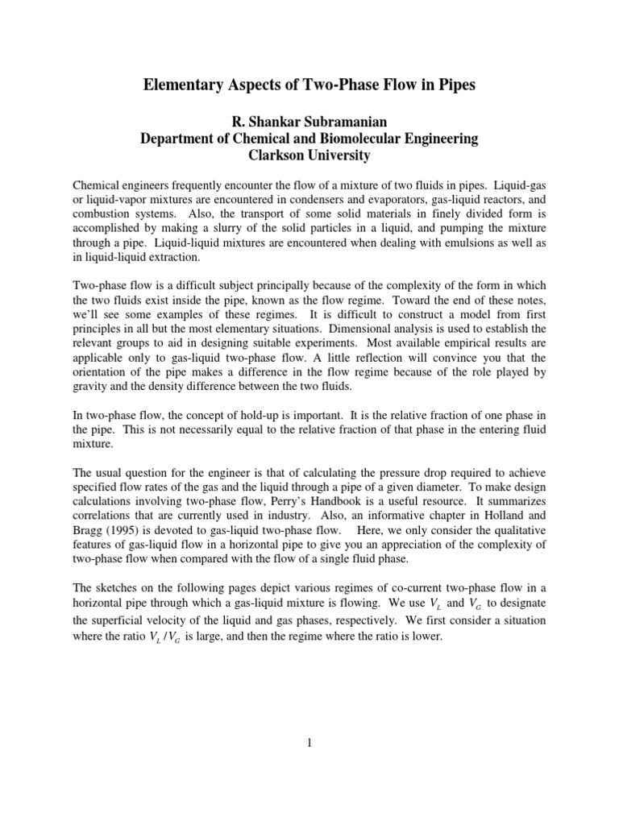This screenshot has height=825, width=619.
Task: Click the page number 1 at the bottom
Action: [x=309, y=743]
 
